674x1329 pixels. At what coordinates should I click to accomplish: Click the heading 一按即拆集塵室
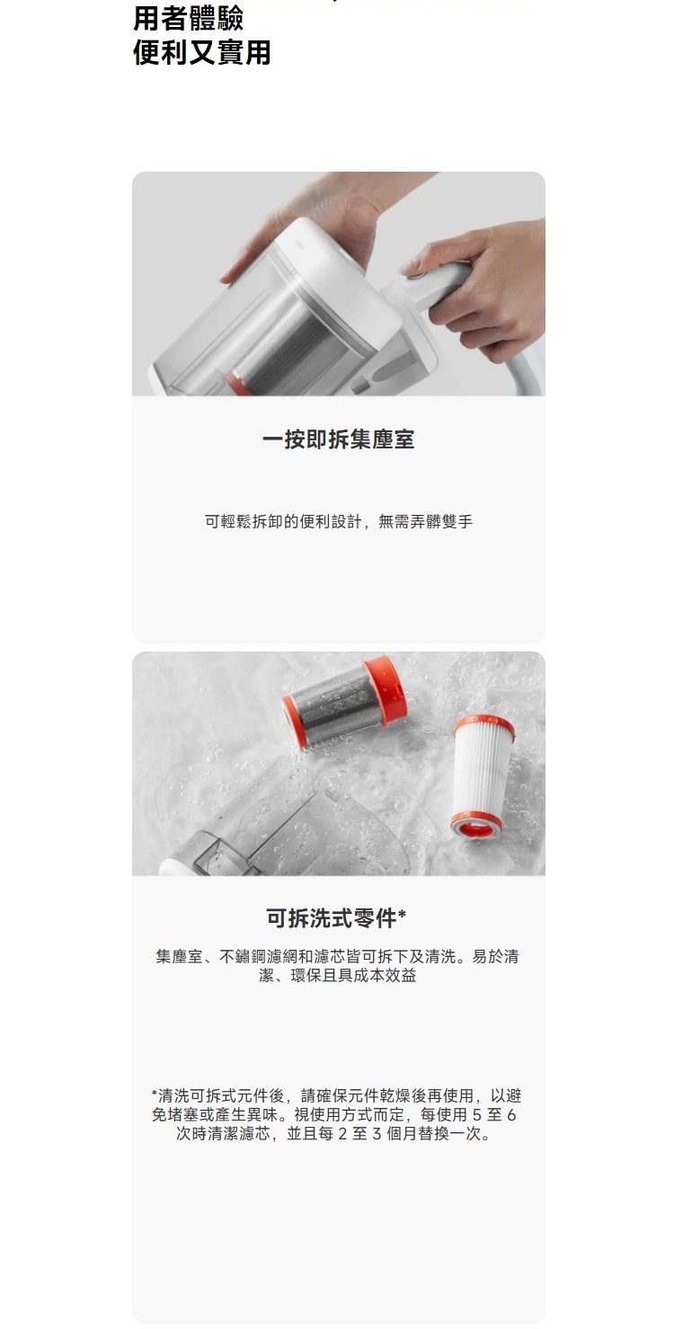click(338, 439)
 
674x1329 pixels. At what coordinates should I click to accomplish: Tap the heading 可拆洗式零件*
click(336, 917)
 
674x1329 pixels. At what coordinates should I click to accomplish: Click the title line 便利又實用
click(201, 52)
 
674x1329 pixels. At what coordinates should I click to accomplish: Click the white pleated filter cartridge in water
click(483, 777)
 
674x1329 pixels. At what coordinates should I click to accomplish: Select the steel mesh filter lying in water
click(344, 700)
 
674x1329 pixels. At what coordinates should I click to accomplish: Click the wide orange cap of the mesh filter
click(386, 689)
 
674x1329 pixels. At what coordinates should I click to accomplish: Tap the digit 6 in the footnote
click(511, 1115)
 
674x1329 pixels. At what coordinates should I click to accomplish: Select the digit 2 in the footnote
click(341, 1134)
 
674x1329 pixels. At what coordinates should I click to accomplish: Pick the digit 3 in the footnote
click(377, 1134)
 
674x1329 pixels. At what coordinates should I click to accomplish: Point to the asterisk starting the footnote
click(155, 1093)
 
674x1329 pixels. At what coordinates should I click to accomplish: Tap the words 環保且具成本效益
click(353, 975)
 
